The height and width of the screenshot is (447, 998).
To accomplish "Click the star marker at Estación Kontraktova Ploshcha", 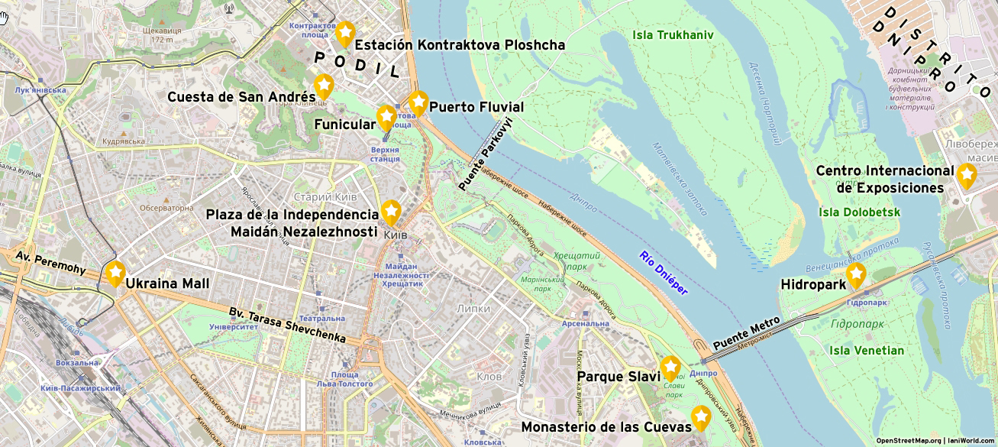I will pyautogui.click(x=345, y=33).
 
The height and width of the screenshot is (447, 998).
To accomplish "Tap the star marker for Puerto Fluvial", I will pyautogui.click(x=418, y=102).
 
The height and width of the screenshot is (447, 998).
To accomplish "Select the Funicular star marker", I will pyautogui.click(x=386, y=118).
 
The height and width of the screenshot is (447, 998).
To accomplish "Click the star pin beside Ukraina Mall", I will pyautogui.click(x=115, y=273).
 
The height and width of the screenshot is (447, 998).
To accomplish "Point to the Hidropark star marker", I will pyautogui.click(x=856, y=275).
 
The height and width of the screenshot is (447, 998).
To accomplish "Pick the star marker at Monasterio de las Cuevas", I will pyautogui.click(x=701, y=417).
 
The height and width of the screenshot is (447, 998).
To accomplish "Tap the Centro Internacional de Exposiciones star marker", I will pyautogui.click(x=967, y=176).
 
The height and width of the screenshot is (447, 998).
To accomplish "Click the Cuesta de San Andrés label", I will pyautogui.click(x=241, y=97).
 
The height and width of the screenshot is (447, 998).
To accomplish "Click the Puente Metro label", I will pyautogui.click(x=747, y=334).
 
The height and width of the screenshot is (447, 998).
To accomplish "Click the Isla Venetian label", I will pyautogui.click(x=867, y=351).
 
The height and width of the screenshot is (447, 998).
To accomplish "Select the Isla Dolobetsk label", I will pyautogui.click(x=859, y=212).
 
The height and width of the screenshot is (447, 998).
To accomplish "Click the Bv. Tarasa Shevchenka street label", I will pyautogui.click(x=287, y=325).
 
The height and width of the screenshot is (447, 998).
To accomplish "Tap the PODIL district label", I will pyautogui.click(x=357, y=64).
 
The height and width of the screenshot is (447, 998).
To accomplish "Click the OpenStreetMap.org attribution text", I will pyautogui.click(x=909, y=441).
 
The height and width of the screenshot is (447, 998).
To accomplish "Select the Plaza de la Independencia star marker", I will pyautogui.click(x=391, y=212).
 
